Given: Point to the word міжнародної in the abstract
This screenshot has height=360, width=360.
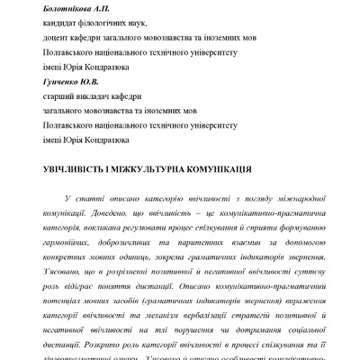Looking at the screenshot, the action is click(290, 197).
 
